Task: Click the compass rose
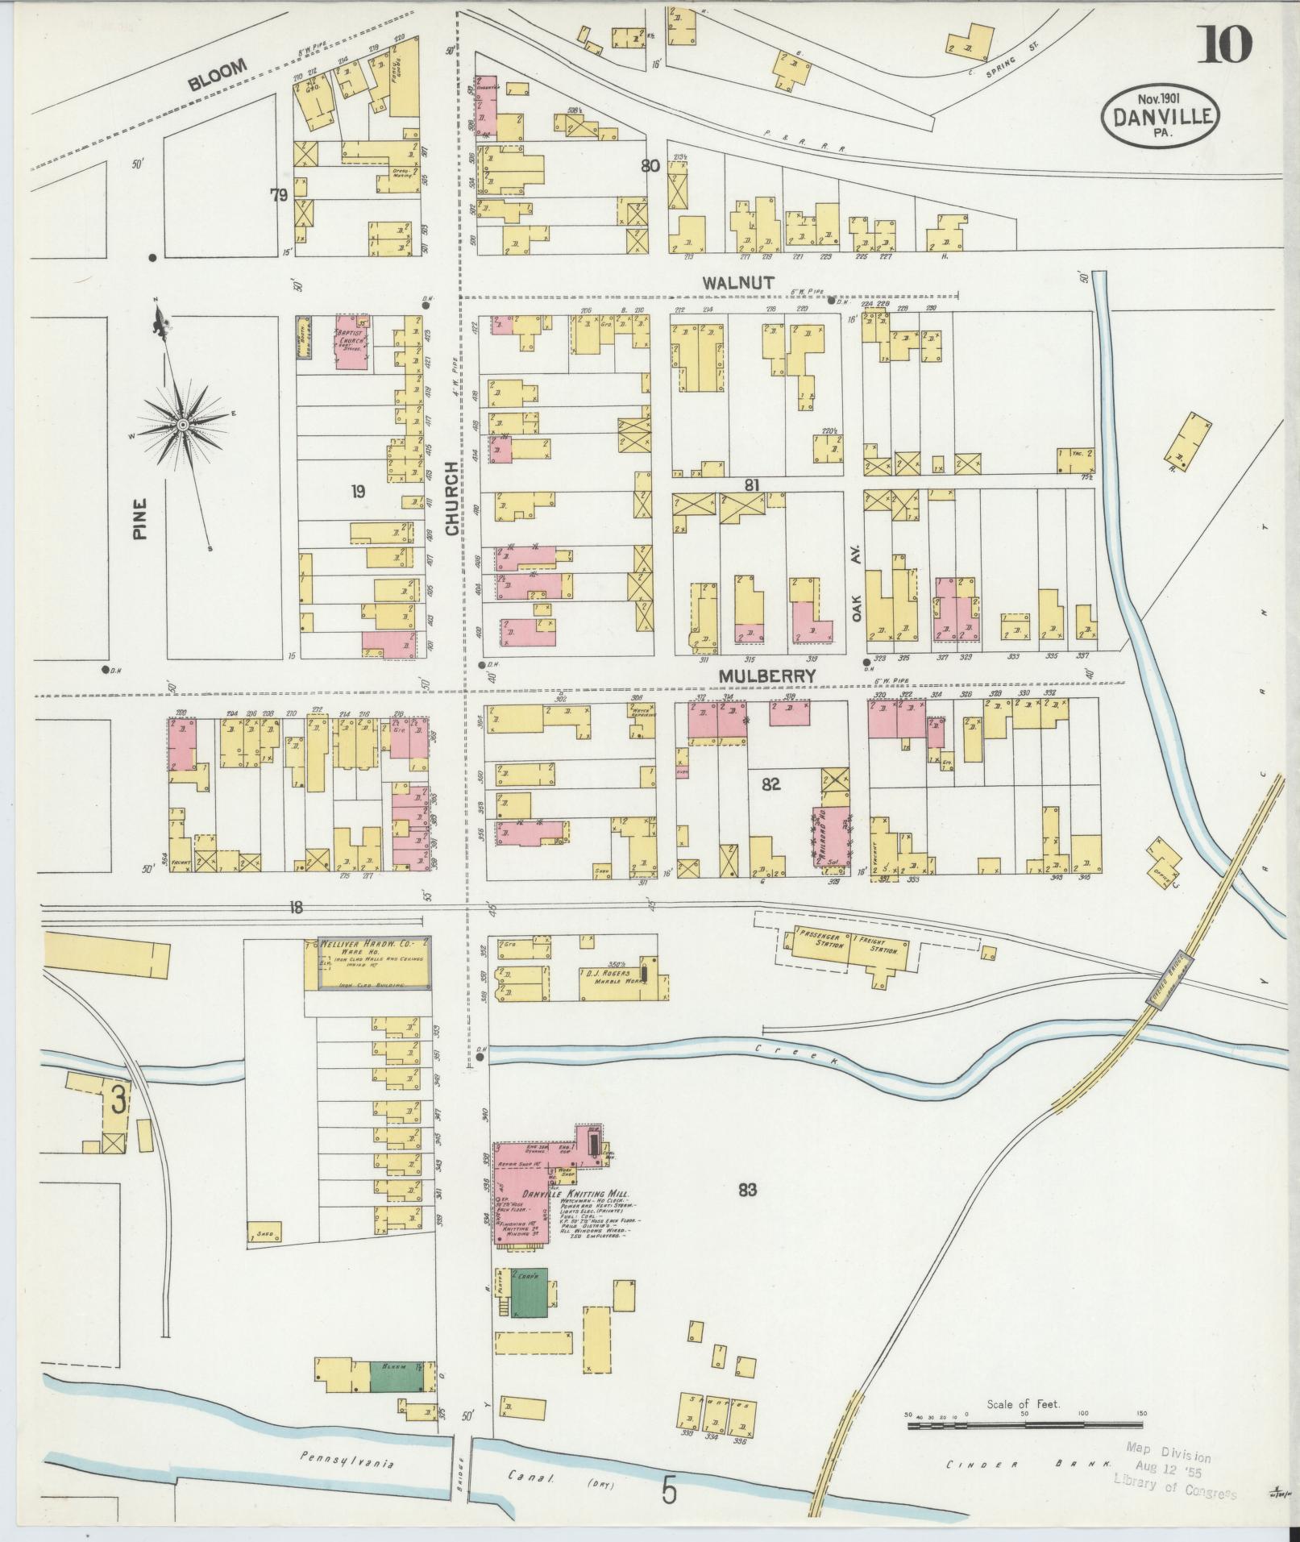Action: click(184, 424)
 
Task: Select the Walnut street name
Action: click(737, 282)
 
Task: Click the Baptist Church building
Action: click(351, 343)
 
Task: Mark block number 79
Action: click(279, 194)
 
